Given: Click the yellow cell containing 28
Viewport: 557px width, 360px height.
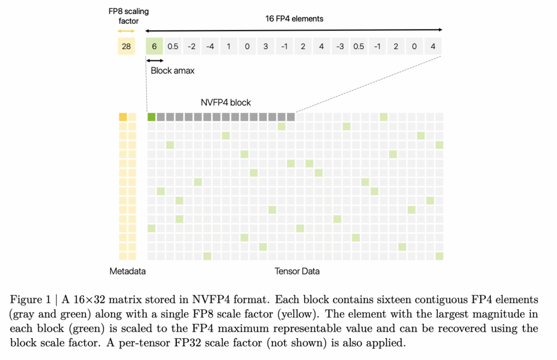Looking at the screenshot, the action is [126, 46].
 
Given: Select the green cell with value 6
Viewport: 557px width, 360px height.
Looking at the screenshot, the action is [154, 46].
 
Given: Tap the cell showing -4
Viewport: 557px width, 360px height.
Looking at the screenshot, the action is [210, 46].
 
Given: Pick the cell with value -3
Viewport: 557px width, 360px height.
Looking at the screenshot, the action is [340, 46].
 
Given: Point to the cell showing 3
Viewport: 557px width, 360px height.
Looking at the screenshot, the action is [265, 46].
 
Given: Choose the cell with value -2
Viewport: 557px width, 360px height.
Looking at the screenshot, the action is [191, 46].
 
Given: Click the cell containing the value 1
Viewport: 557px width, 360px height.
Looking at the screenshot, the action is [228, 46].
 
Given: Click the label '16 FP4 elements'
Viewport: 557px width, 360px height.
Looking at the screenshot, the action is [294, 19].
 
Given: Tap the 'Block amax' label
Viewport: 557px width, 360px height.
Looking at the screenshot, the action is [172, 71].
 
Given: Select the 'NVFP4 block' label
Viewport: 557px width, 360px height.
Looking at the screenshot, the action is [226, 103].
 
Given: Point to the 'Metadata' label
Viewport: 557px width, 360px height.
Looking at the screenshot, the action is [127, 271].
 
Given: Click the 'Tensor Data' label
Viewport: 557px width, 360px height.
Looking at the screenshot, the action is [297, 271].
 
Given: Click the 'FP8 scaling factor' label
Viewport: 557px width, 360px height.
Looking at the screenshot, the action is [128, 16].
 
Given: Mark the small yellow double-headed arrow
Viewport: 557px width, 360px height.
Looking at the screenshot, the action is [126, 31].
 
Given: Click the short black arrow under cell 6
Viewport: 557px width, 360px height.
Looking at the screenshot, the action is [155, 61].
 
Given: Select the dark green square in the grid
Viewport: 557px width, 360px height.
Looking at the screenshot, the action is [151, 117].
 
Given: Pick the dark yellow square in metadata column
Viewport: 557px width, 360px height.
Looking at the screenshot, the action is [123, 117].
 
